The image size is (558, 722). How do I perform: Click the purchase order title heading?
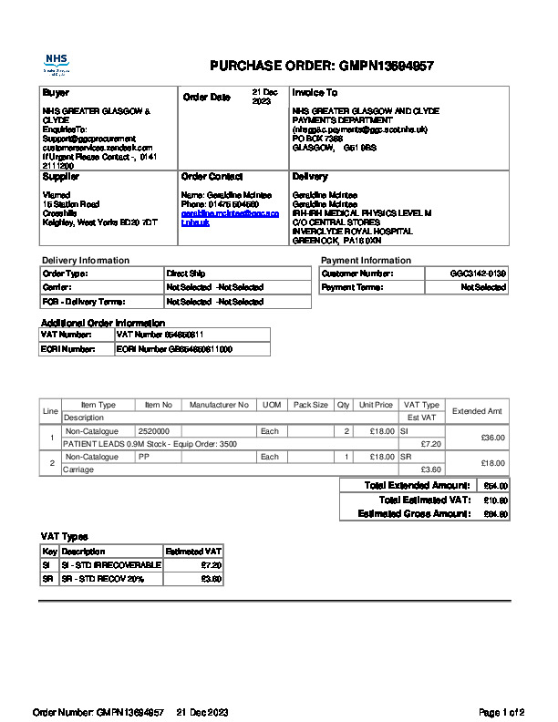click(321, 66)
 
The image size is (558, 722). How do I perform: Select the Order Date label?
click(207, 97)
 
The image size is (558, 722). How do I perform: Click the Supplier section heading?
click(61, 177)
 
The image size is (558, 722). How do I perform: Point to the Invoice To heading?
click(315, 93)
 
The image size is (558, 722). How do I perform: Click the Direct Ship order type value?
click(186, 273)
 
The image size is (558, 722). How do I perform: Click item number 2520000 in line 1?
click(154, 430)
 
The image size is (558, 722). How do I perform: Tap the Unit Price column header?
click(376, 405)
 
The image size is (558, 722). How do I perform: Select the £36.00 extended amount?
click(492, 437)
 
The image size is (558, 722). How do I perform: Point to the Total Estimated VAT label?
click(425, 500)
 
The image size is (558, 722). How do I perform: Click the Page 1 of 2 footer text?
click(501, 712)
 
